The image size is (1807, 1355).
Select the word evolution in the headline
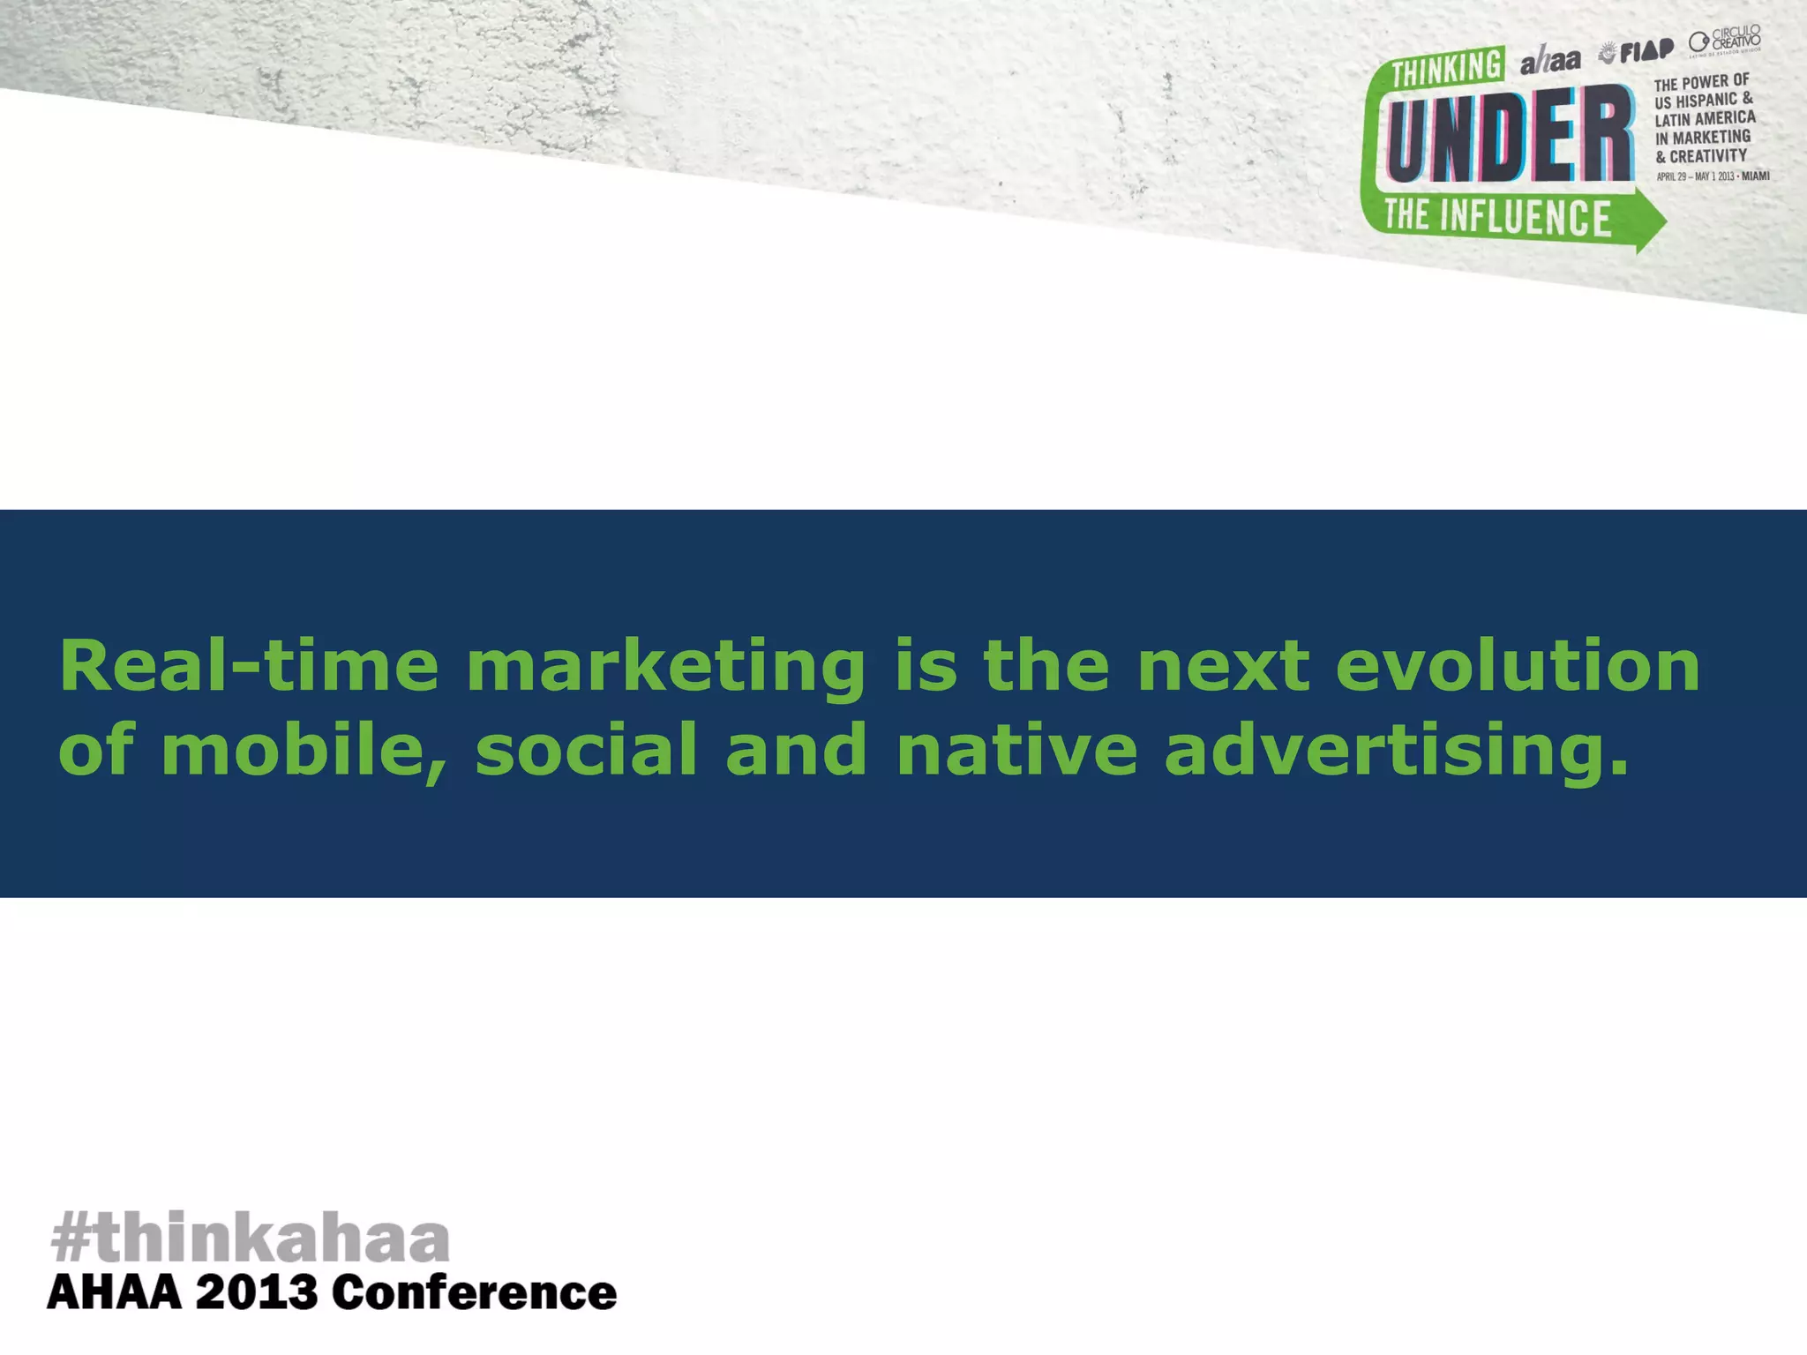tap(1518, 667)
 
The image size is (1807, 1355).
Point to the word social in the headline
tap(587, 751)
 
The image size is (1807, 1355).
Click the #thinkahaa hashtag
tap(251, 1239)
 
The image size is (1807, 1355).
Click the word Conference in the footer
tap(475, 1294)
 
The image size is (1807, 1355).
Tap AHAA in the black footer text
tap(114, 1294)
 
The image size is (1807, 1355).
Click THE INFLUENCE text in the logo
tap(1497, 217)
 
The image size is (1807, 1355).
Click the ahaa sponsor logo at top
tap(1549, 61)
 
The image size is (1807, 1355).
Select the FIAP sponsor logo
tap(1637, 52)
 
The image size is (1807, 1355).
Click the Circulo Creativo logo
tap(1725, 41)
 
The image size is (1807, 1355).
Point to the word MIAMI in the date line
tap(1755, 176)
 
